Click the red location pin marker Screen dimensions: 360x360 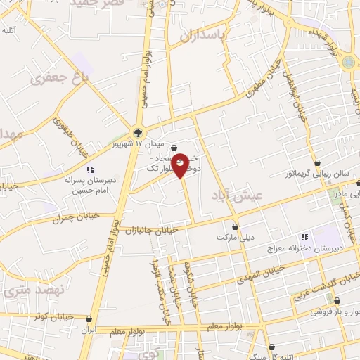[180, 165]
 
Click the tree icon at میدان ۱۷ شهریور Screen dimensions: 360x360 [138, 132]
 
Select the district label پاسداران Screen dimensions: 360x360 [208, 34]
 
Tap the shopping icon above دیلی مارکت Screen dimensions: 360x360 [235, 227]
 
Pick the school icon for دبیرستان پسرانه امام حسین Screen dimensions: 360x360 [91, 169]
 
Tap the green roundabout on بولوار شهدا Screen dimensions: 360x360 [348, 63]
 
